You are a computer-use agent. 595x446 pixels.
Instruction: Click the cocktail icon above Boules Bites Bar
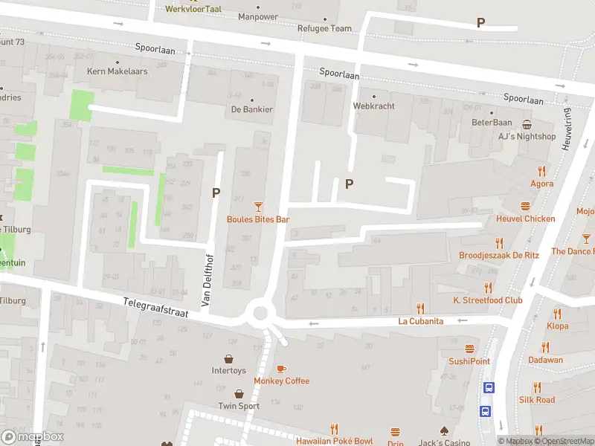coord(258,206)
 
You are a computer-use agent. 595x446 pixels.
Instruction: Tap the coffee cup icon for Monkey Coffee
coord(281,368)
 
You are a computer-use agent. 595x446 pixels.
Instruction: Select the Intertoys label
coord(228,370)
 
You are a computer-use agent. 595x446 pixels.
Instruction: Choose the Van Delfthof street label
coord(208,279)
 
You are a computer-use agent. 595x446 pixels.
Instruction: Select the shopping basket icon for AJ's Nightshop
coord(527,124)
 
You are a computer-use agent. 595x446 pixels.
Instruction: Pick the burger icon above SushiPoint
coord(469,349)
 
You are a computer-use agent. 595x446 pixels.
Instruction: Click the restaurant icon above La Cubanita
coord(420,308)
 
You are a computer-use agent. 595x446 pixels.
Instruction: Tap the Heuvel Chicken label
coord(526,219)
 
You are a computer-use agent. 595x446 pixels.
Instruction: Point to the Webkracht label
coord(373,106)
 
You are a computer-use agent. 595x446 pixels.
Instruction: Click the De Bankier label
coord(251,109)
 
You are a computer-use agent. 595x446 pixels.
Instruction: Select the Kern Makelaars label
coord(118,71)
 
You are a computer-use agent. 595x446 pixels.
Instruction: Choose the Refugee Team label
coord(324,28)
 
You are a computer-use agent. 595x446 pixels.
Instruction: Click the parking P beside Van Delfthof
coord(216,193)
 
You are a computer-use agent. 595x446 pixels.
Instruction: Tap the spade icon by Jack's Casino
coord(444,430)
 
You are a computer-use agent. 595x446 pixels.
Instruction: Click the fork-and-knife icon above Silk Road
coord(537,387)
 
